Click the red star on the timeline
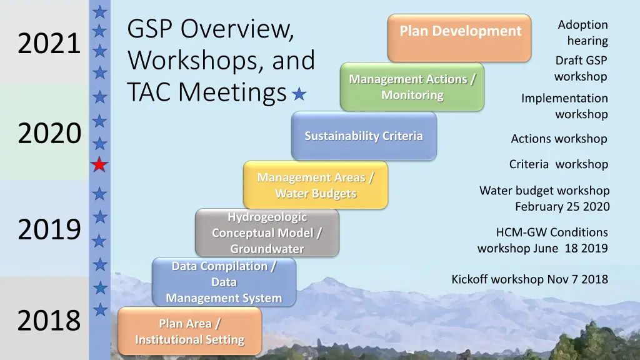[99, 165]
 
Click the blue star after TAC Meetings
[300, 94]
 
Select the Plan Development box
[459, 37]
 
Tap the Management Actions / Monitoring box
[412, 87]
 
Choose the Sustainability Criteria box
[364, 136]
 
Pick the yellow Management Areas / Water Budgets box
[316, 185]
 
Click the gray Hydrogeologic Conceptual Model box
[267, 232]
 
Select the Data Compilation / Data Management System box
[224, 282]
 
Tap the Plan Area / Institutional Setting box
[189, 331]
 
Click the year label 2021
[49, 44]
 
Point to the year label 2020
[49, 133]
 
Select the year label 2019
[49, 229]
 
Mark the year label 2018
[49, 320]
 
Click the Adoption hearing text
[582, 32]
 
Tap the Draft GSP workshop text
[581, 68]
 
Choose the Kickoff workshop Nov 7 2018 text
[529, 279]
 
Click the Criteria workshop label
[558, 164]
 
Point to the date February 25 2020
[562, 206]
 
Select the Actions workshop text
[559, 139]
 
